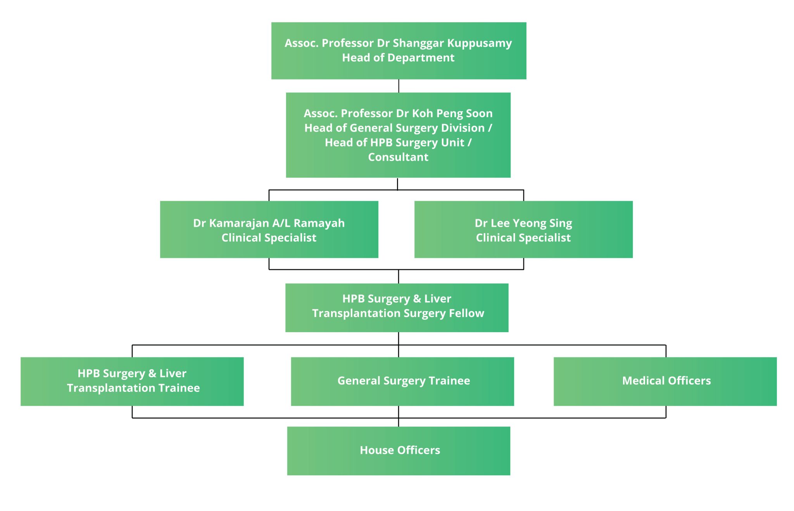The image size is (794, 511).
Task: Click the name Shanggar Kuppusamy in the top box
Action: [x=452, y=43]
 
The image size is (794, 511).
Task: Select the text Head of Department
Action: [x=398, y=58]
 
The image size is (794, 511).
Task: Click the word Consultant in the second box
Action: [x=398, y=157]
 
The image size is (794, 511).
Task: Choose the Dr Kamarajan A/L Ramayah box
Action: [x=269, y=229]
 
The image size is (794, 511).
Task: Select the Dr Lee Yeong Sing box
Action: [x=523, y=229]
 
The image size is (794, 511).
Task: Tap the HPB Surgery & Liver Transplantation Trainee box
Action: [x=132, y=381]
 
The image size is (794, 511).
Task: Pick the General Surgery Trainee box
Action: [x=402, y=381]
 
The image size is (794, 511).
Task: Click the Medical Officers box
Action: [x=665, y=381]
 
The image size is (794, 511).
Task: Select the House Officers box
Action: [x=399, y=450]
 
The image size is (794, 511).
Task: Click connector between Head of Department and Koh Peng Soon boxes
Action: [x=399, y=86]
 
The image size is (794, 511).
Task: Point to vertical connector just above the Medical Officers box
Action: [x=666, y=351]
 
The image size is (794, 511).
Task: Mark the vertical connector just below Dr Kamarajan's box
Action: [x=269, y=263]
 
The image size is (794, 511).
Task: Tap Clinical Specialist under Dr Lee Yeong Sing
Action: [x=523, y=238]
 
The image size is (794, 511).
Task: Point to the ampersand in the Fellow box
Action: [x=417, y=299]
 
